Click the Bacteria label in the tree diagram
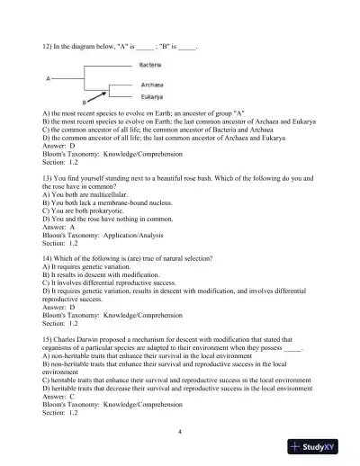click(x=150, y=66)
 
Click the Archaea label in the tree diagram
click(x=150, y=84)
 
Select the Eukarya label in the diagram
click(x=150, y=95)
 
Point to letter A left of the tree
click(x=49, y=79)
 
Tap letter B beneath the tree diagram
click(x=96, y=103)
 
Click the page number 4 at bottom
click(x=180, y=432)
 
